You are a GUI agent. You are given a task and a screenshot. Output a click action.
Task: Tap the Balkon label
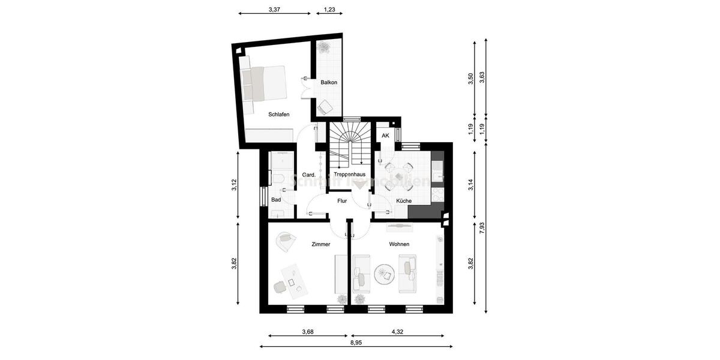click(x=328, y=82)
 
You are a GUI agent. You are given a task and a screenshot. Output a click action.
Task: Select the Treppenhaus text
click(x=350, y=175)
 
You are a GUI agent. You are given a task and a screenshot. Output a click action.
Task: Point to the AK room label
click(x=385, y=136)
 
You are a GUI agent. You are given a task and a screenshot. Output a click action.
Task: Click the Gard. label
click(x=309, y=175)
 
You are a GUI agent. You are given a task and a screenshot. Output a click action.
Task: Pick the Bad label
click(x=276, y=200)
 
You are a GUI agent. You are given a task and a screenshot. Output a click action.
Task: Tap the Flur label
click(x=343, y=201)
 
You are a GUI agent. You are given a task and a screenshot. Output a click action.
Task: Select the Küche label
click(x=403, y=201)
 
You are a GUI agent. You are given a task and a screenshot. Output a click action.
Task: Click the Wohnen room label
click(x=399, y=244)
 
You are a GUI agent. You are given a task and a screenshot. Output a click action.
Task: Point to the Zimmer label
click(x=321, y=244)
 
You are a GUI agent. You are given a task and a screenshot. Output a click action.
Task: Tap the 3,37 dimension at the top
click(x=274, y=10)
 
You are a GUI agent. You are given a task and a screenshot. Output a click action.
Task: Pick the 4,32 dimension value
click(x=397, y=331)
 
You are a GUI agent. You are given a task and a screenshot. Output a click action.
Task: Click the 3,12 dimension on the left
click(x=235, y=186)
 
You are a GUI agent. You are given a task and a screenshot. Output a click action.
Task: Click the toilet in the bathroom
click(x=278, y=178)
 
